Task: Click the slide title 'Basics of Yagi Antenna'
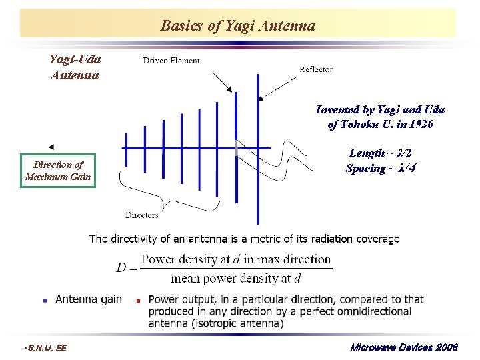(x=238, y=26)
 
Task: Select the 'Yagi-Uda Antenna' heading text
(x=75, y=67)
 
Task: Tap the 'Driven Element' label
(x=171, y=61)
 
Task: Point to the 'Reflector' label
(x=316, y=69)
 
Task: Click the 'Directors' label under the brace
(x=142, y=215)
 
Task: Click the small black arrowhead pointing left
(x=51, y=147)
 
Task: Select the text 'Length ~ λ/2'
(x=385, y=153)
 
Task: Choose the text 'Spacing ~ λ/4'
(x=381, y=169)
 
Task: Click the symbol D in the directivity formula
(x=121, y=268)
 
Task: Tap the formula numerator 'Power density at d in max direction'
(x=236, y=259)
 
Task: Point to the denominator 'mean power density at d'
(x=235, y=278)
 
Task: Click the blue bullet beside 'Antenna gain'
(x=45, y=301)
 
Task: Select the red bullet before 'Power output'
(x=138, y=301)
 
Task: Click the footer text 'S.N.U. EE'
(x=45, y=347)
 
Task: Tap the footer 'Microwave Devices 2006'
(x=404, y=347)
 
